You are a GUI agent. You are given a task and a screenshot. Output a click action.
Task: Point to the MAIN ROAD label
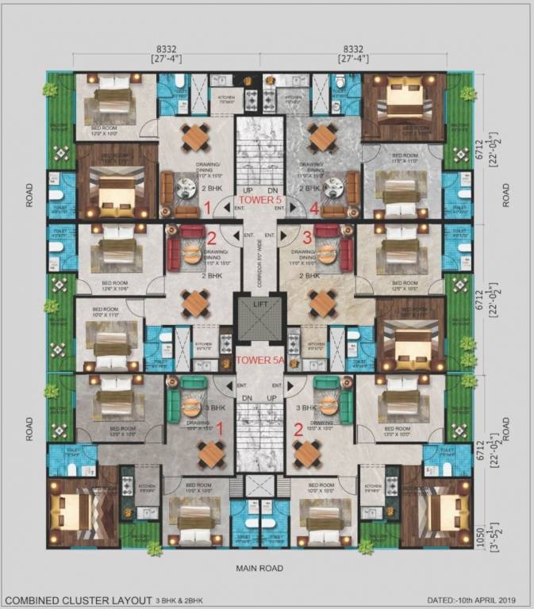click(x=259, y=569)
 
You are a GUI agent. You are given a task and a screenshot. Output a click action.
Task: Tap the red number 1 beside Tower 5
click(x=207, y=209)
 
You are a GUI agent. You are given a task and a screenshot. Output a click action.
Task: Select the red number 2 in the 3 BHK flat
click(x=298, y=431)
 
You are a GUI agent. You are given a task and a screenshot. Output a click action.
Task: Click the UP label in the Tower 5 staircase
click(x=248, y=191)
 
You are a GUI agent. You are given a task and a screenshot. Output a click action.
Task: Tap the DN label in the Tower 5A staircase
click(x=247, y=397)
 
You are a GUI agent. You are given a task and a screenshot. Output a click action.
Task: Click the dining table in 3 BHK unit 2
click(x=308, y=454)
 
